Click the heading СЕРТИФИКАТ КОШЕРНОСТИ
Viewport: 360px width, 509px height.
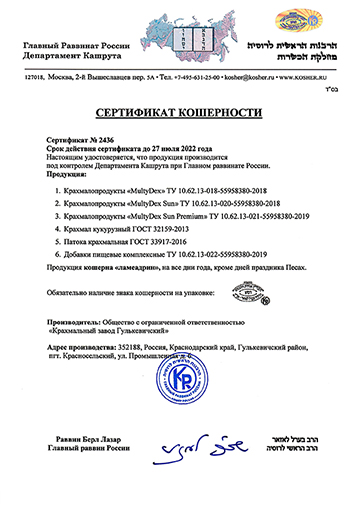[x=180, y=116]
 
